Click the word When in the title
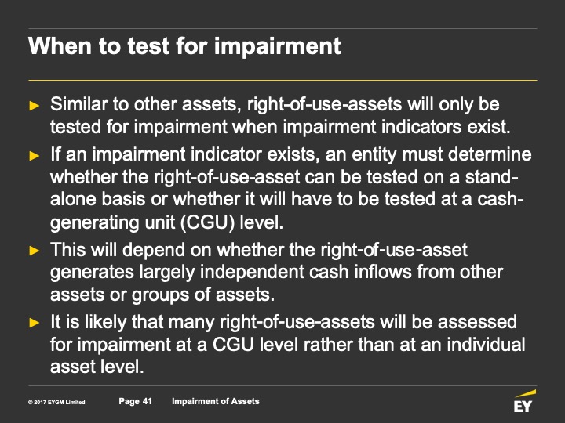(60, 45)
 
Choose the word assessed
(477, 322)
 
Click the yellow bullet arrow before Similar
(35, 106)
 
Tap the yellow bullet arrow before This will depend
(35, 251)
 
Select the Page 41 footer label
(136, 401)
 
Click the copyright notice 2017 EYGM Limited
(57, 402)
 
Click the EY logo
(524, 401)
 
